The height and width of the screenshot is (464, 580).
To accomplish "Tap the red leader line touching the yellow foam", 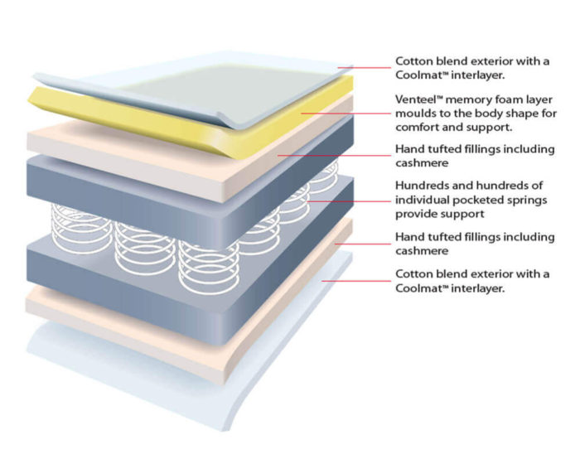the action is [346, 114].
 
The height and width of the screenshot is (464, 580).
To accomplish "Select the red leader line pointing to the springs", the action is [349, 201].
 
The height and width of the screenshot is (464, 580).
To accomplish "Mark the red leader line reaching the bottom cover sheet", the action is [355, 281].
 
